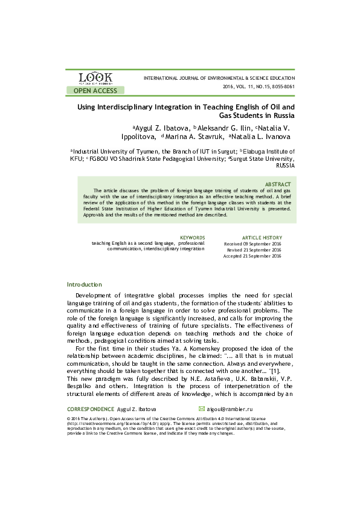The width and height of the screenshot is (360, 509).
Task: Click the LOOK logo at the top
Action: click(95, 78)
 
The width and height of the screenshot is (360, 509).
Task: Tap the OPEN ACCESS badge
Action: click(95, 91)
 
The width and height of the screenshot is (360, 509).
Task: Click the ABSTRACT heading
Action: click(278, 184)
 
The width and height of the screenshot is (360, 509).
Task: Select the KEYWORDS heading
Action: click(193, 238)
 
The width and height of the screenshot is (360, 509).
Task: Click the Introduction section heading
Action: click(85, 285)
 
